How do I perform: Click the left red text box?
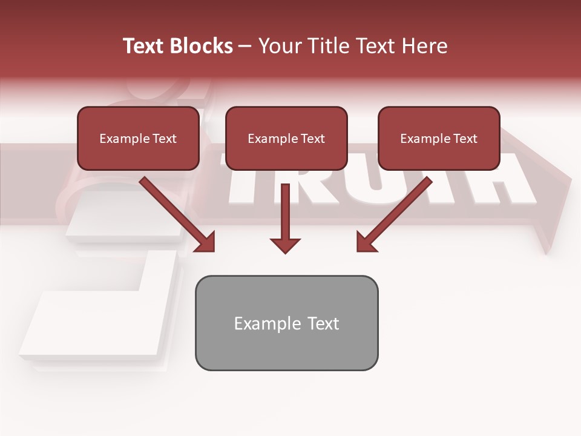tap(138, 139)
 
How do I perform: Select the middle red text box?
tap(286, 139)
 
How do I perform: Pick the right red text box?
tap(439, 139)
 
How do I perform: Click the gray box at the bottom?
tap(286, 323)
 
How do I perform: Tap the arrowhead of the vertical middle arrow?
tap(285, 245)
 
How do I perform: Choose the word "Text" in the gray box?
tap(323, 323)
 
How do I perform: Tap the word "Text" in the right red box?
tap(465, 139)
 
